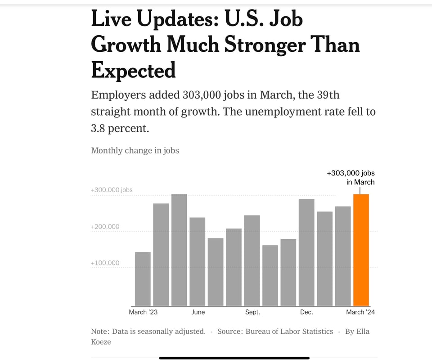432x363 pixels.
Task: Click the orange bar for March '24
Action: click(361, 250)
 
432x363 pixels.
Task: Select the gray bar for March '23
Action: click(143, 279)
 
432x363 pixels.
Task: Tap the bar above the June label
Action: click(197, 262)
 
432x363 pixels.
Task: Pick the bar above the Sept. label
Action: click(252, 261)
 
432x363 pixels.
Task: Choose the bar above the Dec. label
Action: click(306, 252)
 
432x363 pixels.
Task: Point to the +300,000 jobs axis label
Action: click(112, 190)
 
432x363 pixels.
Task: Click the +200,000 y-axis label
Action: click(105, 226)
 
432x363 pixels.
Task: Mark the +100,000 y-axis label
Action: click(105, 263)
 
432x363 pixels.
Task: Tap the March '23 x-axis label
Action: click(143, 312)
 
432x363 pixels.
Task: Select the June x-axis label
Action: click(198, 312)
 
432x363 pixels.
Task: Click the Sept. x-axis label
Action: click(252, 312)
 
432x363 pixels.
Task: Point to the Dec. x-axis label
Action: click(306, 312)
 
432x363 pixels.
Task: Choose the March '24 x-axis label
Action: click(360, 312)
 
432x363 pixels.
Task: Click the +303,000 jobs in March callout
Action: click(351, 177)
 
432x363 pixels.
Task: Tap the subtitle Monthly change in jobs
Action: click(135, 150)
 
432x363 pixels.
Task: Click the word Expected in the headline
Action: click(133, 70)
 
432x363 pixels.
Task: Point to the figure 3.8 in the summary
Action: click(99, 128)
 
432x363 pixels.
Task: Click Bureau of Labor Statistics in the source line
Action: click(289, 332)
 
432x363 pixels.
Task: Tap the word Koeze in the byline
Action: click(101, 342)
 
